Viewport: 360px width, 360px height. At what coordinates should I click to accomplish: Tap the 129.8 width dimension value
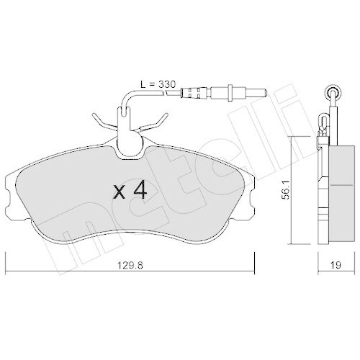[130, 264]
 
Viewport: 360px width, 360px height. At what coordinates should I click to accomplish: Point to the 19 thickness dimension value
[334, 264]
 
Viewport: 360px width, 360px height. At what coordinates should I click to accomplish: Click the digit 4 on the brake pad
[140, 191]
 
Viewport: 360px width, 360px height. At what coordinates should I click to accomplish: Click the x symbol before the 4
[120, 192]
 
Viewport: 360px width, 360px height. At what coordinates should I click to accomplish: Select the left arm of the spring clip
[100, 119]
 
